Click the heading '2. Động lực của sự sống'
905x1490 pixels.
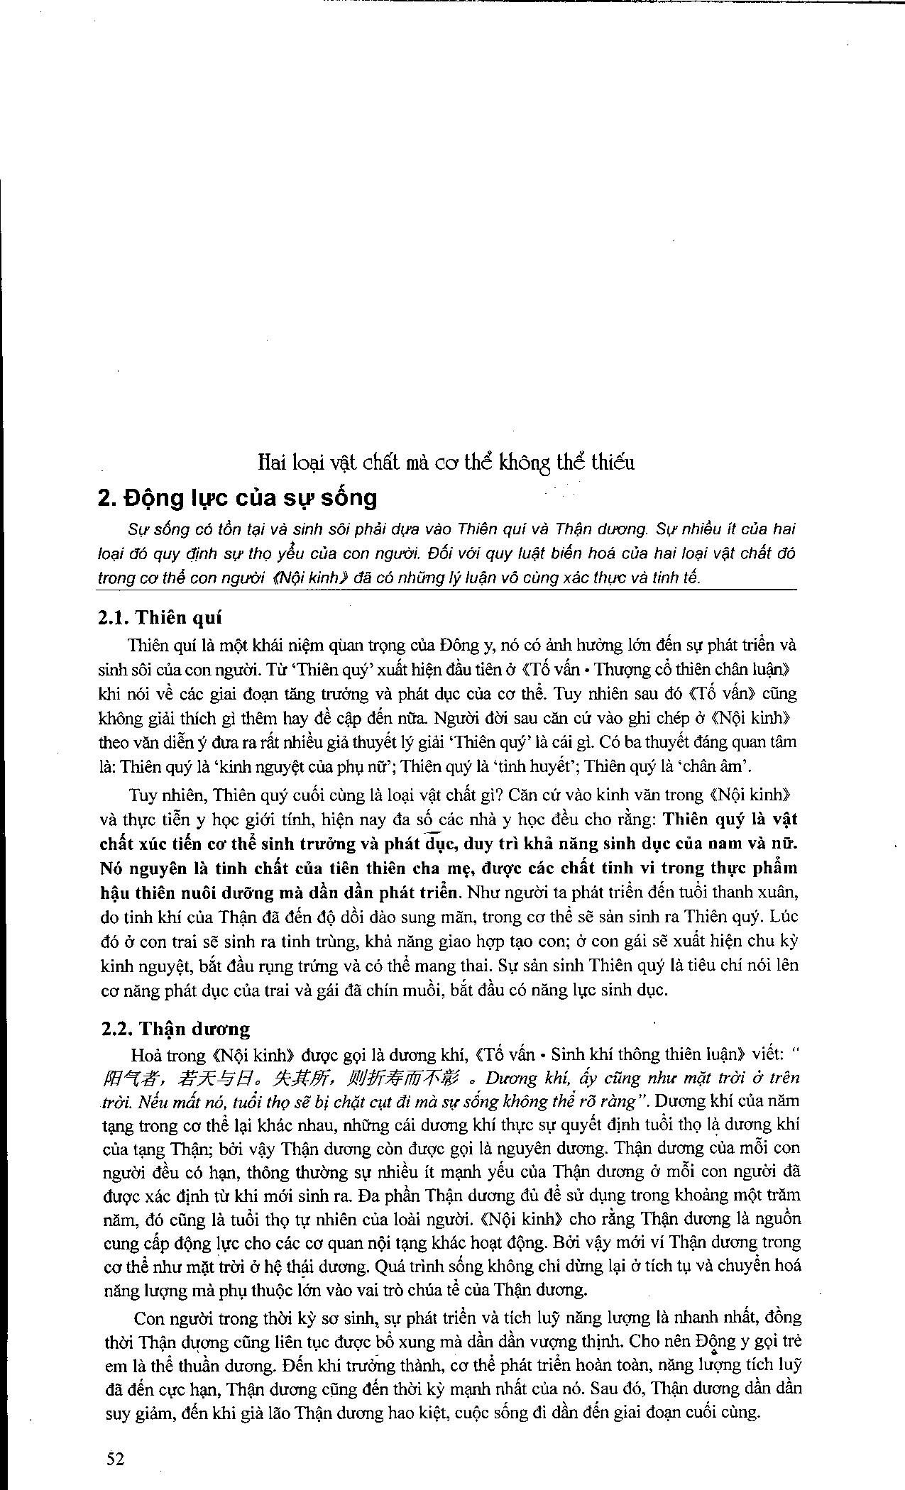click(x=237, y=497)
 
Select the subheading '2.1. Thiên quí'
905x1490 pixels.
click(x=160, y=617)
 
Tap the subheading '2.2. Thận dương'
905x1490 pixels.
click(x=174, y=1029)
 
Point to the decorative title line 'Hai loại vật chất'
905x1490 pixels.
click(x=446, y=463)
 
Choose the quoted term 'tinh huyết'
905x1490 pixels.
click(x=542, y=766)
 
